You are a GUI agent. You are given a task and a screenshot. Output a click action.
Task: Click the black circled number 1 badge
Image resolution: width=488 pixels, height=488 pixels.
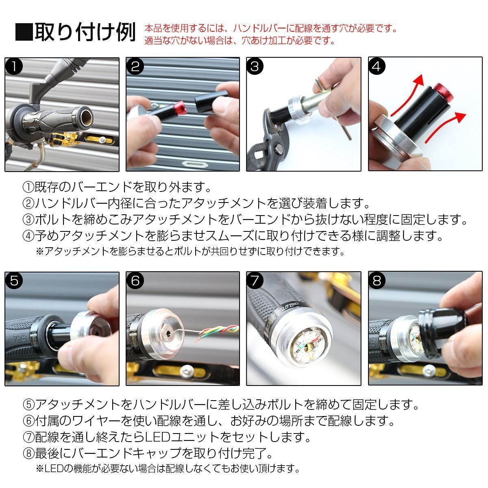coord(14,67)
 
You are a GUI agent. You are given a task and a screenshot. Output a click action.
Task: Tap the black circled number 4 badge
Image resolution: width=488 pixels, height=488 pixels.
coord(376,67)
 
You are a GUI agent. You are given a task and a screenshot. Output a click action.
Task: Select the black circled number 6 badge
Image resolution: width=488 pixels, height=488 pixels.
coord(135,281)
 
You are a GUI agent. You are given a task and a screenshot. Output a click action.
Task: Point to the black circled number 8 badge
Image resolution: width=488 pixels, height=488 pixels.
coord(377,281)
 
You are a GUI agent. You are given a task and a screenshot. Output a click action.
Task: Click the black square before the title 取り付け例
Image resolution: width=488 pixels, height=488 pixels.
coord(24,32)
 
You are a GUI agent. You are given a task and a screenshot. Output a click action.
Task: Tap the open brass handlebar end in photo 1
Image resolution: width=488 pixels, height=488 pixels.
coord(85,118)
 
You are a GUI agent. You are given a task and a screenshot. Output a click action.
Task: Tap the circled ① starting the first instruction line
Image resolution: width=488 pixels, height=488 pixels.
coord(28,187)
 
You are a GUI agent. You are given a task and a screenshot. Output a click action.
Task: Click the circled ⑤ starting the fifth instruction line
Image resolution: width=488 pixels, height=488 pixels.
coord(28,404)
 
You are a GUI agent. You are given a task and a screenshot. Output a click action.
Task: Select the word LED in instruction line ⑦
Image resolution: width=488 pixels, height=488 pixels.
coord(157,437)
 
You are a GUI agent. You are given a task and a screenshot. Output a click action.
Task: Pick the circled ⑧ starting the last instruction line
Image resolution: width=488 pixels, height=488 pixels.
coord(28,453)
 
